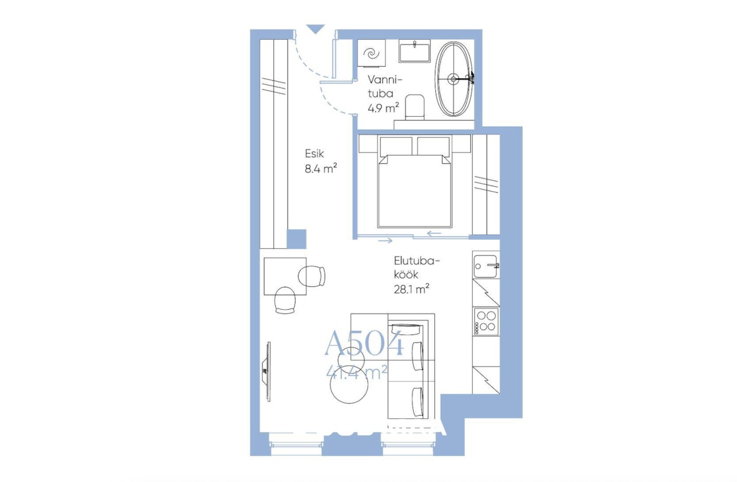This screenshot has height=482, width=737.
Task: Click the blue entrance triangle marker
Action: click(316, 29)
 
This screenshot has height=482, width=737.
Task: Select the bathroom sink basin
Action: click(414, 51)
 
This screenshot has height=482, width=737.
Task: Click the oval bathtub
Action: click(453, 79)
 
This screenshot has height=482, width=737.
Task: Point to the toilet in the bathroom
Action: click(414, 107)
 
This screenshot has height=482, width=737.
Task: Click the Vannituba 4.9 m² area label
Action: click(384, 94)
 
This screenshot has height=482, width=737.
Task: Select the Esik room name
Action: click(314, 154)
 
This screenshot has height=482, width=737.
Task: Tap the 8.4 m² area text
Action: click(321, 169)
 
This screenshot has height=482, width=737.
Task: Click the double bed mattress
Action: click(414, 191)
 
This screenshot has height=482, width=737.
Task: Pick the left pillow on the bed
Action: click(396, 146)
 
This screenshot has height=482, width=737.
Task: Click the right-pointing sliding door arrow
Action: click(385, 240)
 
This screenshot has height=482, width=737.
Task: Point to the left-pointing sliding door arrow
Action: click(434, 234)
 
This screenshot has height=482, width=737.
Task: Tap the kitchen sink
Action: click(486, 266)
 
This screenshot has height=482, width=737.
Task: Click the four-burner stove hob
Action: click(486, 321)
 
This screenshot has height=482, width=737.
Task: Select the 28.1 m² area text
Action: click(411, 289)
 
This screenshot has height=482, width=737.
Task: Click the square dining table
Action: click(285, 276)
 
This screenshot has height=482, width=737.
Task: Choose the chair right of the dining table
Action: click(312, 276)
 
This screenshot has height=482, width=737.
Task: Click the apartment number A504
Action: click(364, 343)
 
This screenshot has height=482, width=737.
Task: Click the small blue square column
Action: click(296, 239)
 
